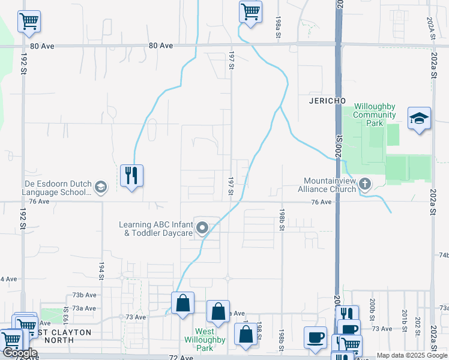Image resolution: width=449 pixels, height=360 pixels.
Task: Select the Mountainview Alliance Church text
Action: (x=330, y=185)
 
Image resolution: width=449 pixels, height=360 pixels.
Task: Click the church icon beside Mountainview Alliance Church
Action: (x=364, y=184)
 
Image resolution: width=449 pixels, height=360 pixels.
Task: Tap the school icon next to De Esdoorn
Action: (x=100, y=188)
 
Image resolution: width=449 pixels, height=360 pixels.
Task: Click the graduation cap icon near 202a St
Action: (x=419, y=118)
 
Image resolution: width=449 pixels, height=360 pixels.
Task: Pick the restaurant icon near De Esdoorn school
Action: (x=131, y=175)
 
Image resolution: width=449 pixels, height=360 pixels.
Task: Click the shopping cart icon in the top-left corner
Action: (x=29, y=22)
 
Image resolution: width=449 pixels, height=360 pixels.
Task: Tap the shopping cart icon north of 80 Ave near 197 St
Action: (x=250, y=11)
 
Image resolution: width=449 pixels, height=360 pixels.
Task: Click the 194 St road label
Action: (x=101, y=272)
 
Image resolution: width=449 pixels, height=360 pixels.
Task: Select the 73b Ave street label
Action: (x=84, y=295)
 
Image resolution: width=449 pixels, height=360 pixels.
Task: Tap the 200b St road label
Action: (x=372, y=306)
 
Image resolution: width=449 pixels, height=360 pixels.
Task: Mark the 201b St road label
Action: (x=405, y=316)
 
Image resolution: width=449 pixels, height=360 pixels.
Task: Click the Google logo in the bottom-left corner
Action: (x=19, y=353)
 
